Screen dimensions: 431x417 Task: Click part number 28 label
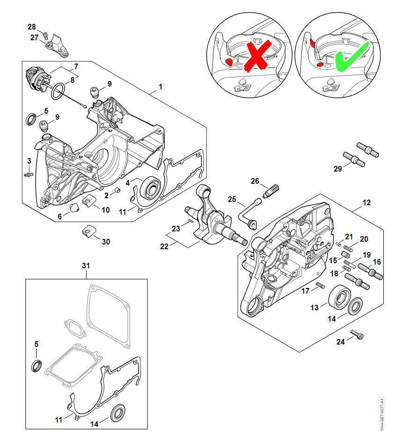pyautogui.click(x=31, y=27)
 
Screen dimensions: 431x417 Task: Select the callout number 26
pyautogui.click(x=255, y=181)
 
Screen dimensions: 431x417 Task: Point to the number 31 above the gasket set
pyautogui.click(x=86, y=266)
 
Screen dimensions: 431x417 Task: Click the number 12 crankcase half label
pyautogui.click(x=366, y=202)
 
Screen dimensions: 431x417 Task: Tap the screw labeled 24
pyautogui.click(x=361, y=336)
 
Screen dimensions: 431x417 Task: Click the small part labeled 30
pyautogui.click(x=88, y=231)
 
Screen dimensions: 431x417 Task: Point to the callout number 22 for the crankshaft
pyautogui.click(x=164, y=246)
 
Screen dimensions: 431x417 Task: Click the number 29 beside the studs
pyautogui.click(x=338, y=169)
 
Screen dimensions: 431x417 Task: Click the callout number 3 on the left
pyautogui.click(x=29, y=161)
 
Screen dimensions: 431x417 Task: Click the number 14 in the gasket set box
pyautogui.click(x=95, y=424)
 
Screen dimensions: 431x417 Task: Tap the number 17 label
pyautogui.click(x=305, y=291)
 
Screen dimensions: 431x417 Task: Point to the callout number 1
pyautogui.click(x=160, y=86)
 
